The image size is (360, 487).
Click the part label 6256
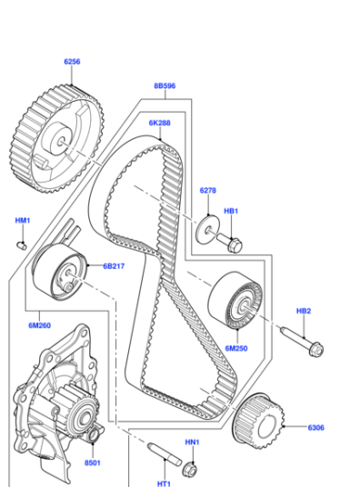click(72, 62)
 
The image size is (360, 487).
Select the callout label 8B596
click(165, 85)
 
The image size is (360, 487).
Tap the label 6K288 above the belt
click(159, 123)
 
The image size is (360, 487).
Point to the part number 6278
click(208, 191)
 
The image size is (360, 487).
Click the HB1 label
click(231, 211)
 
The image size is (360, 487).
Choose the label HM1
click(23, 221)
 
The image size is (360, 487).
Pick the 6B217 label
click(114, 266)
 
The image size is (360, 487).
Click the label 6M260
click(39, 325)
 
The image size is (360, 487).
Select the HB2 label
click(304, 311)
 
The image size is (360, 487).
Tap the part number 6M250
click(236, 349)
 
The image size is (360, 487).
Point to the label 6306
click(315, 428)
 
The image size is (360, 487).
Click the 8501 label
click(93, 462)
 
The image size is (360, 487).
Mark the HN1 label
click(192, 442)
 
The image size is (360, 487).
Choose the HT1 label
click(164, 483)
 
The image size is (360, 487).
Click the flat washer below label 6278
click(207, 229)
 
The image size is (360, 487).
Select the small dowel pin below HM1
click(22, 246)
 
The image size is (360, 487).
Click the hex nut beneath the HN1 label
click(190, 470)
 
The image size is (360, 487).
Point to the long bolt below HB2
click(302, 342)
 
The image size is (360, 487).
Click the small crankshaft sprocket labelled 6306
click(259, 422)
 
